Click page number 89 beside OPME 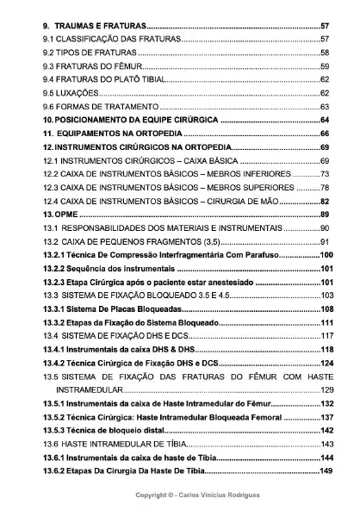(324, 214)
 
